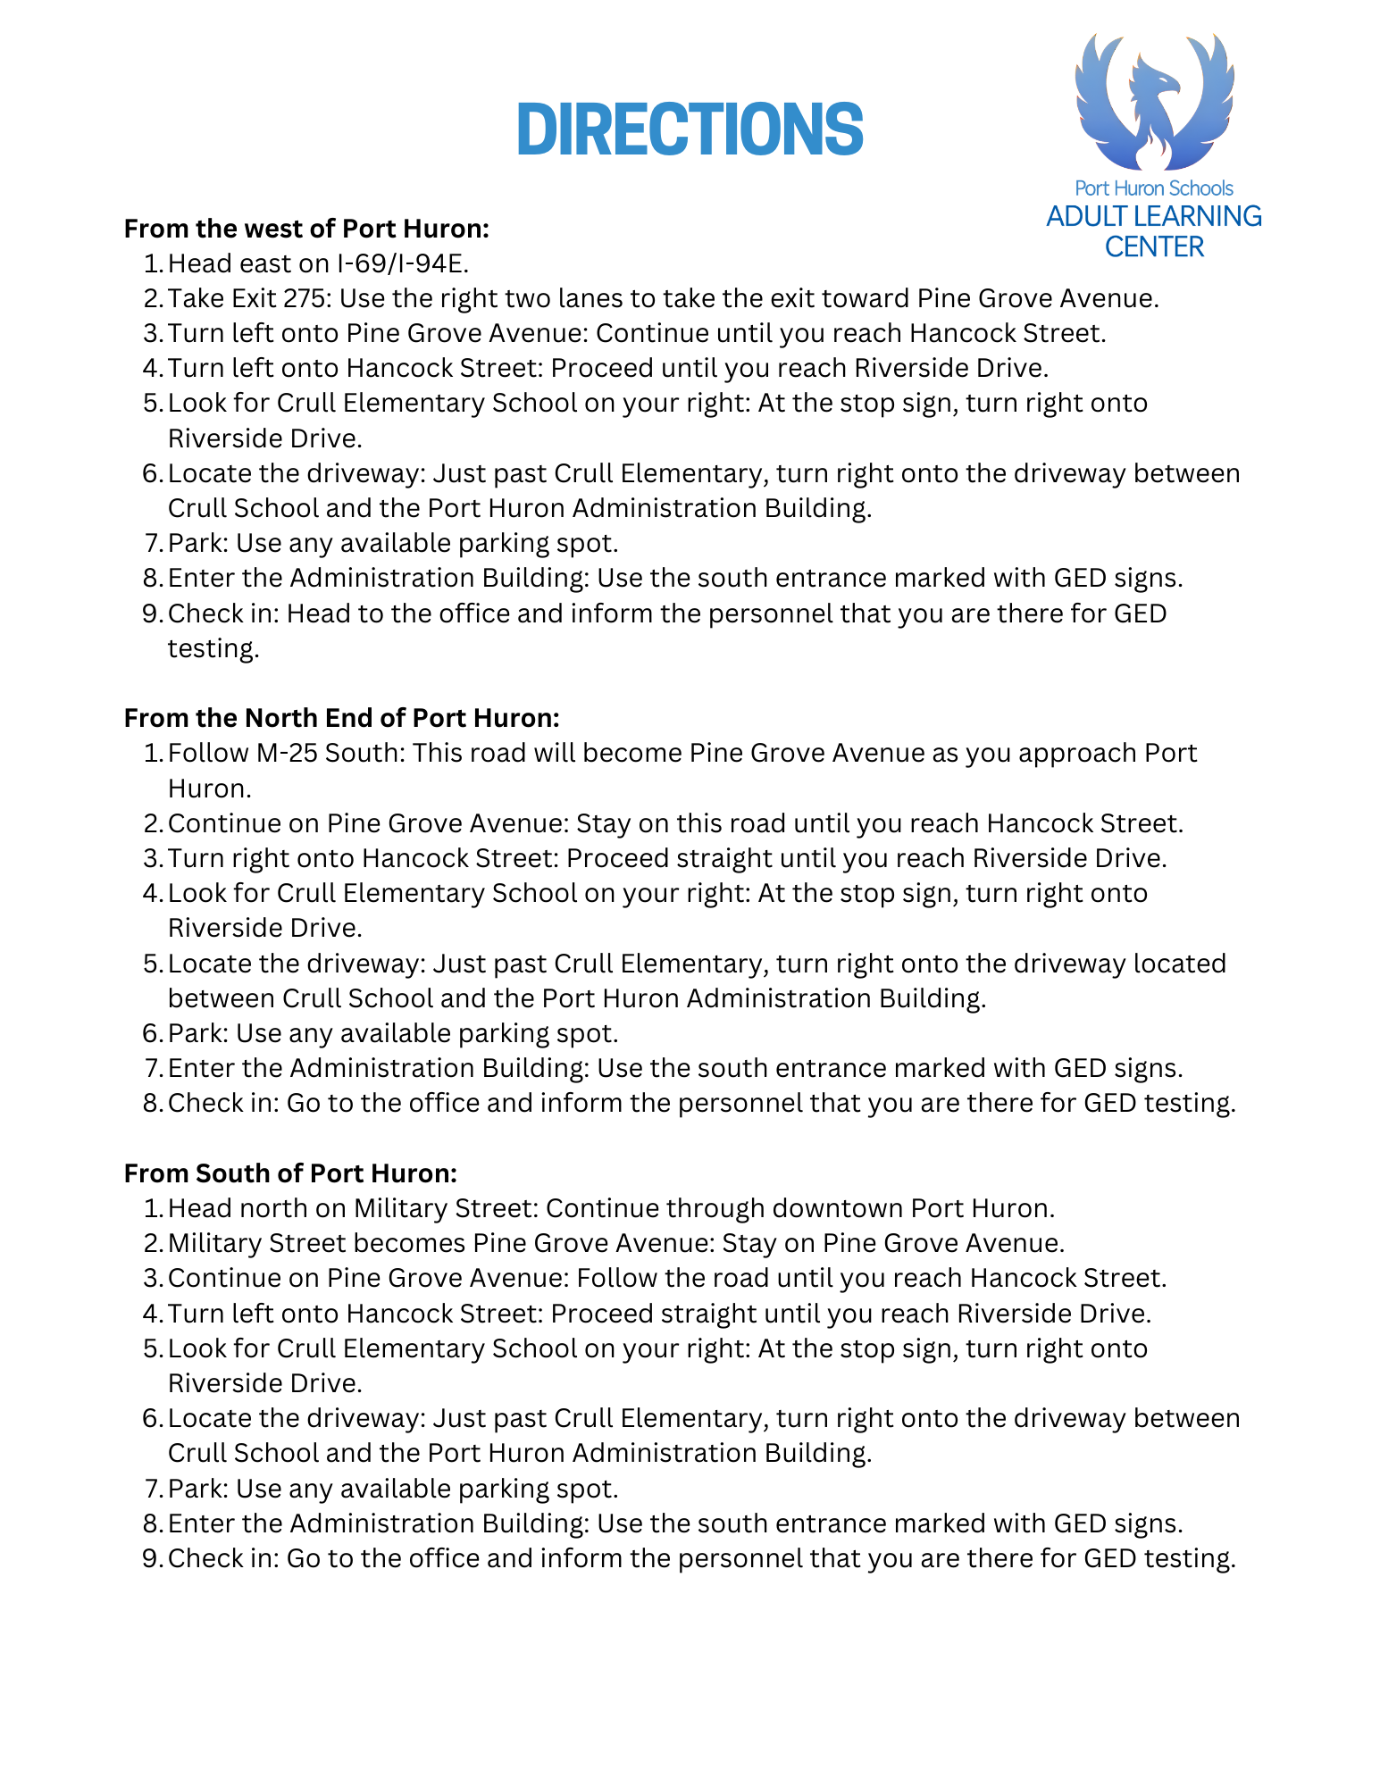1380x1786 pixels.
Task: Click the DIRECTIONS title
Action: pyautogui.click(x=690, y=129)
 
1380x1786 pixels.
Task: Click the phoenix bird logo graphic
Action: pyautogui.click(x=1154, y=103)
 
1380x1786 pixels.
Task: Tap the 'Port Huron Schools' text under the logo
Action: pyautogui.click(x=1153, y=188)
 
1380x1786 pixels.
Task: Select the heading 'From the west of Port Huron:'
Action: pyautogui.click(x=306, y=229)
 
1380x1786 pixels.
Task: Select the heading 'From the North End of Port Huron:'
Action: pyautogui.click(x=341, y=718)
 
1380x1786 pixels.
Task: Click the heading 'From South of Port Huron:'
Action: pyautogui.click(x=290, y=1173)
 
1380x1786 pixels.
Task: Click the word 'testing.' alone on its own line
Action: pyautogui.click(x=213, y=648)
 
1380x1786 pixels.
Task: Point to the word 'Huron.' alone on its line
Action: pyautogui.click(x=210, y=789)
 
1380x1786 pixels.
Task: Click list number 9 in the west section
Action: pyautogui.click(x=151, y=613)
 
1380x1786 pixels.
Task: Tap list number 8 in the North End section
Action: pyautogui.click(x=151, y=1103)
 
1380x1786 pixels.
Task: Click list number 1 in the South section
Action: pyautogui.click(x=151, y=1208)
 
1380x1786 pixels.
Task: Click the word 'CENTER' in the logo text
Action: pyautogui.click(x=1154, y=246)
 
